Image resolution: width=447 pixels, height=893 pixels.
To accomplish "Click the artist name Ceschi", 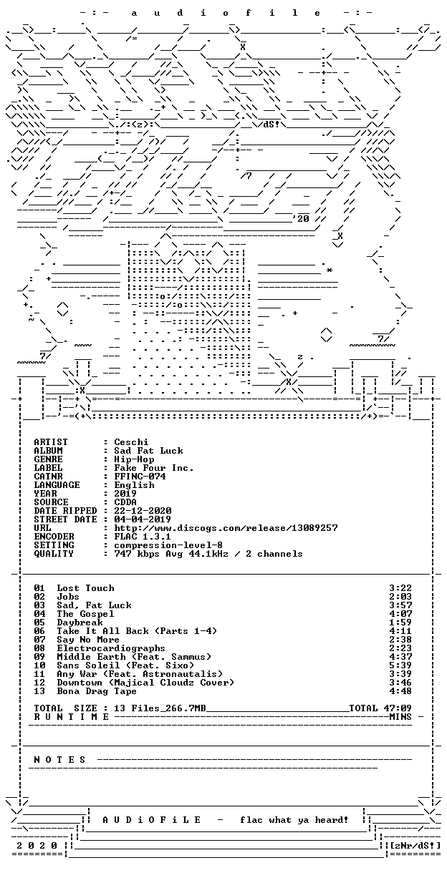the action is coord(131,442).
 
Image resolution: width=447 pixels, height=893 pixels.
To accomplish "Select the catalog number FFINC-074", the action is coord(140,477).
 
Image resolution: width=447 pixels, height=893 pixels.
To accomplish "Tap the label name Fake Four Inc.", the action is coord(154,468).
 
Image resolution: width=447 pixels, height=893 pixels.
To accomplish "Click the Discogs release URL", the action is coord(226,528).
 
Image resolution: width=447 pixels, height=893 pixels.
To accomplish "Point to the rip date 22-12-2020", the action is coord(143,511).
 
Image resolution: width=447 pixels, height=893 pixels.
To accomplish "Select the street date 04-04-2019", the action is coord(143,519).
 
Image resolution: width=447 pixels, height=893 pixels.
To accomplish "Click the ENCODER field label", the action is coord(54,537).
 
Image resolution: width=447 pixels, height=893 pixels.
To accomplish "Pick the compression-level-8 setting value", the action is coord(168,545).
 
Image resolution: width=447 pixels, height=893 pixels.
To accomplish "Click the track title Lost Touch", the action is coord(85,588).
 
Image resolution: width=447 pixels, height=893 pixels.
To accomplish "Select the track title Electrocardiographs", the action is coord(111,648).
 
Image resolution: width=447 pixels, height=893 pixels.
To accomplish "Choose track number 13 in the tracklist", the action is coord(39,691).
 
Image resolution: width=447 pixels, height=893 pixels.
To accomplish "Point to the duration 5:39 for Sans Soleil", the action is coord(400,665).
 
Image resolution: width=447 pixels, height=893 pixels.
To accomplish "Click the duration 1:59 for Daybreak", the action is coord(400,623).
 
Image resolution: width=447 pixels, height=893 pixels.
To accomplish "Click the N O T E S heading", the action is coord(59,760).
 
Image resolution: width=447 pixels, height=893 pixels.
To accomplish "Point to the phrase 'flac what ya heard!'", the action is coord(294,820).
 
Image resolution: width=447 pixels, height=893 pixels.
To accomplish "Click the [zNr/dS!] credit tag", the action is coord(415,846).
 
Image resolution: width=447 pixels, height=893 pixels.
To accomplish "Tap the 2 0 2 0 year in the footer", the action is coord(37,846).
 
